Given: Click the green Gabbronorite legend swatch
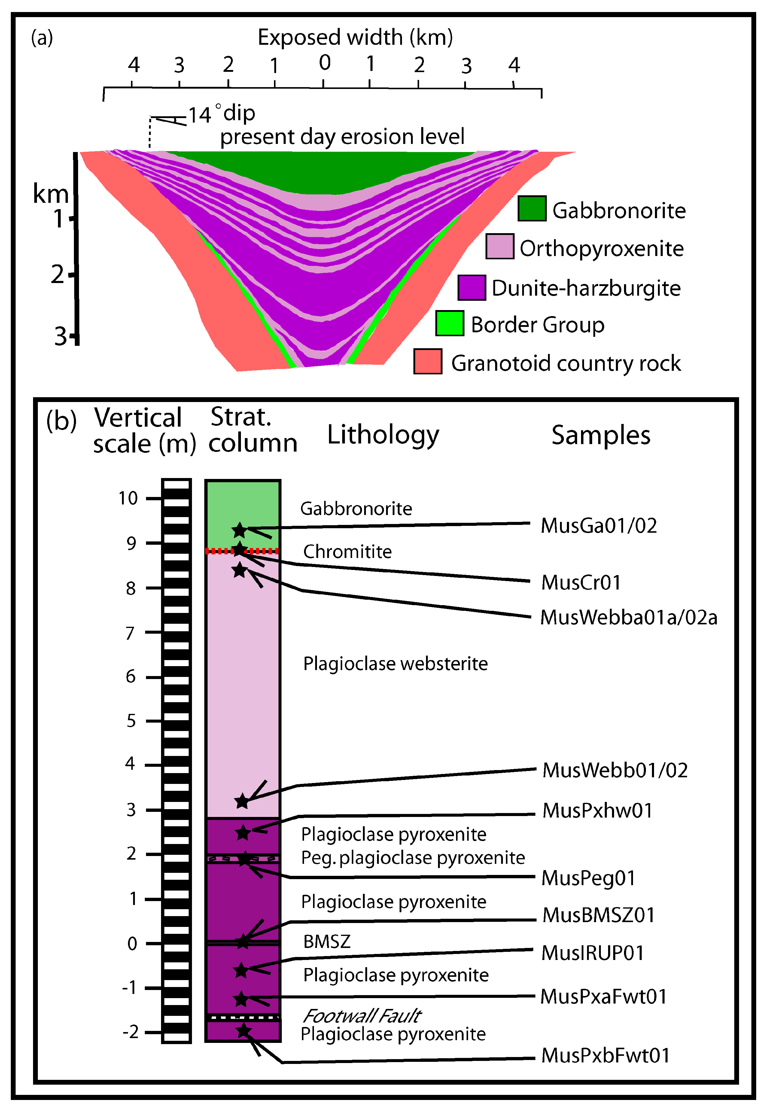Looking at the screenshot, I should pos(531,209).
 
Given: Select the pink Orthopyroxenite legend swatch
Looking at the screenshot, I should pos(499,246).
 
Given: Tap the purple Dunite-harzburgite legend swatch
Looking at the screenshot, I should pos(471,287).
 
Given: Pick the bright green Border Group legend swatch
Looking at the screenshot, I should pos(449,323).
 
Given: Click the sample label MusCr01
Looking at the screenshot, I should pos(580,582).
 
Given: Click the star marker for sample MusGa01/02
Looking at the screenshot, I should pos(239,531).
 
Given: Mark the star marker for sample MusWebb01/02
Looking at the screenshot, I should pos(242,801).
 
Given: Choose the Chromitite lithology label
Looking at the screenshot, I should pos(347,552).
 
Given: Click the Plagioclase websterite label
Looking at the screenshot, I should pos(395,664).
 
